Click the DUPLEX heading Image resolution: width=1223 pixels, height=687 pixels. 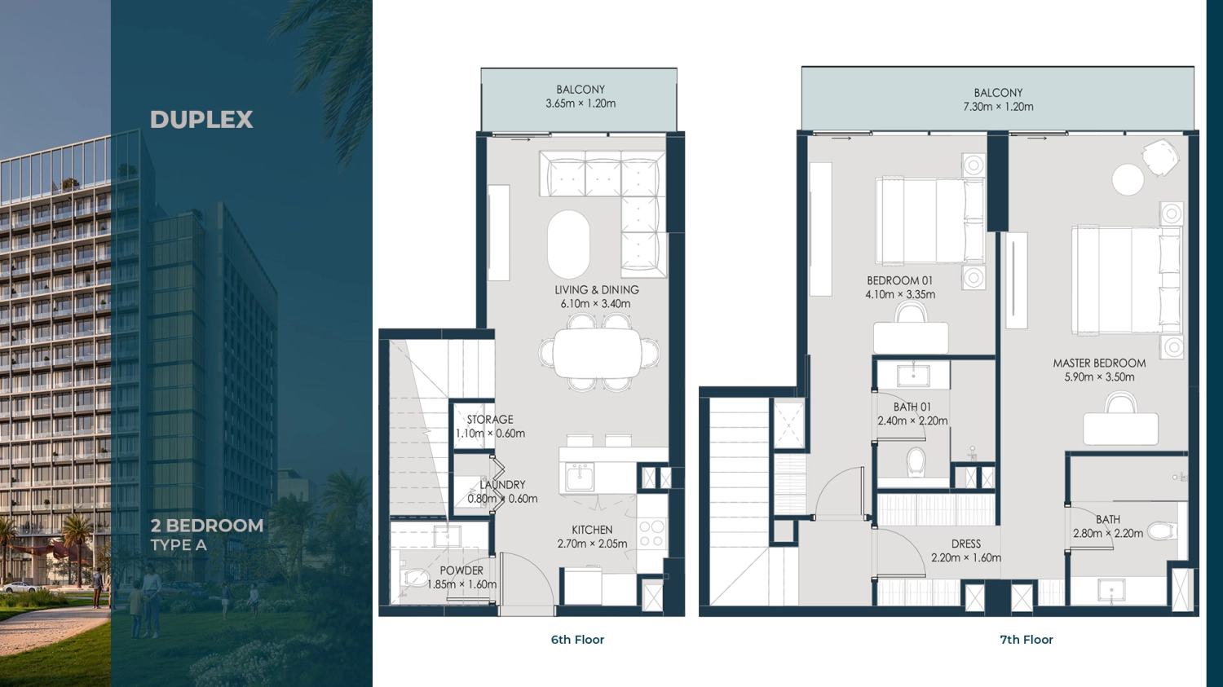[201, 120]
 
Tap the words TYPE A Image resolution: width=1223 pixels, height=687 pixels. [179, 545]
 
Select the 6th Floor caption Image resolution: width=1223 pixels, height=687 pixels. [577, 640]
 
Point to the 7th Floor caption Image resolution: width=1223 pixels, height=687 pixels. [1026, 640]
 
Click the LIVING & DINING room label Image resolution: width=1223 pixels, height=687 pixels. [597, 290]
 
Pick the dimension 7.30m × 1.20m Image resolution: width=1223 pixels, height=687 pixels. [998, 107]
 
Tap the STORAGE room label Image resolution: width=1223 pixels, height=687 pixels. [490, 420]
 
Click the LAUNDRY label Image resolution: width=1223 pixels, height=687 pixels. [502, 485]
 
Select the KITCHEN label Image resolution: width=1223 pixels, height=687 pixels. [592, 530]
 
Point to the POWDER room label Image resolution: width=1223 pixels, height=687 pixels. [461, 570]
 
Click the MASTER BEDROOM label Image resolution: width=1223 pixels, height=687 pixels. [1099, 363]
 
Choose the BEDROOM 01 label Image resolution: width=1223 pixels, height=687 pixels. [900, 280]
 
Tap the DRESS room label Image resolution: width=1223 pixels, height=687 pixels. [966, 544]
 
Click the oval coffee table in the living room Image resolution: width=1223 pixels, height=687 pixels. [568, 244]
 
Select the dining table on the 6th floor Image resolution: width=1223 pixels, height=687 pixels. [598, 353]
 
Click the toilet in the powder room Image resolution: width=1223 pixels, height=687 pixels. [415, 577]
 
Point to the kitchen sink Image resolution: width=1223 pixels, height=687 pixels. [579, 477]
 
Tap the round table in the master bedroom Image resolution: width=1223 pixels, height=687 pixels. [1128, 179]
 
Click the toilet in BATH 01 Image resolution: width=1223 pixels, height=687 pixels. [916, 463]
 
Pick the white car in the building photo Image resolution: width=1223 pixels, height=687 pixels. [19, 587]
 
